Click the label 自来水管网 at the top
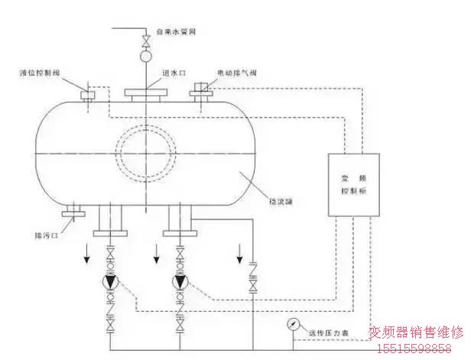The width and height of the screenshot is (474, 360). coord(180,32)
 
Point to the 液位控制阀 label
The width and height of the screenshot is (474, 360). coord(41,74)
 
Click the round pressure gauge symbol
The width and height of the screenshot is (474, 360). coord(296,323)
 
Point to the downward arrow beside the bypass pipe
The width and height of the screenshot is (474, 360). coord(240,250)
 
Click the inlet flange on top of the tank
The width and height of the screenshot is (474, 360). coord(145,94)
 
